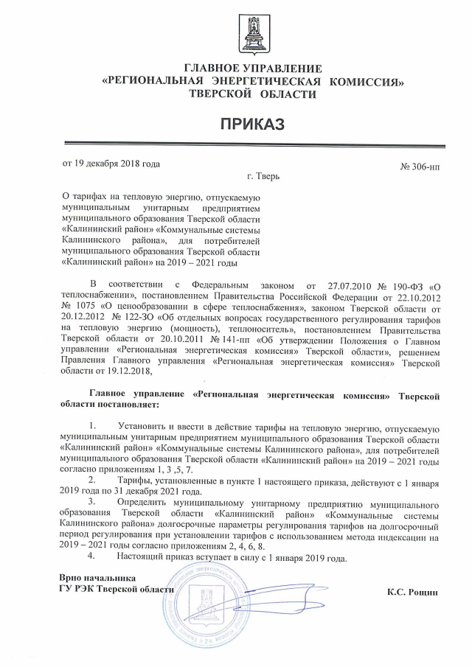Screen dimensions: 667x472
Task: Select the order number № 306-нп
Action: pos(420,167)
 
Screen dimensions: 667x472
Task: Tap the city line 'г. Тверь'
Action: pos(263,177)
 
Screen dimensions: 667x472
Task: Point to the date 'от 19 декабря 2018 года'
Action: pos(111,164)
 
